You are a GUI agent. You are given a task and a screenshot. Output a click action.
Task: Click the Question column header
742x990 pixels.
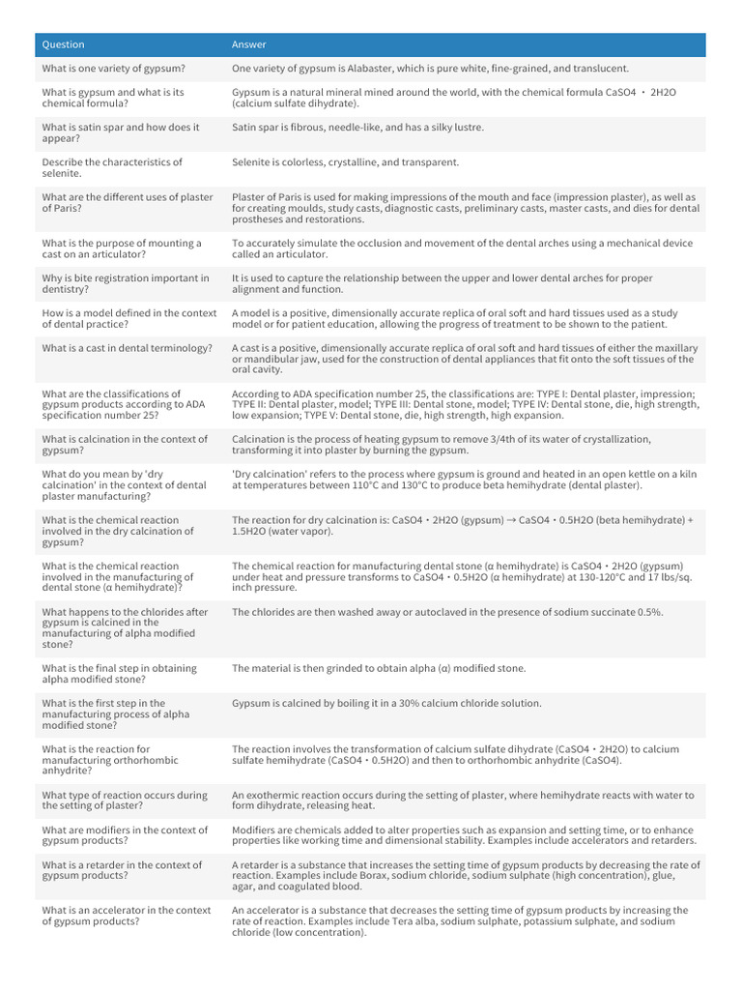(63, 44)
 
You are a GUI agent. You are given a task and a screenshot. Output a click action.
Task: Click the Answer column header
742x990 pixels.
(249, 44)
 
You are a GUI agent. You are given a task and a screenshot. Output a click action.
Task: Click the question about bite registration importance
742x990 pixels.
(126, 284)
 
